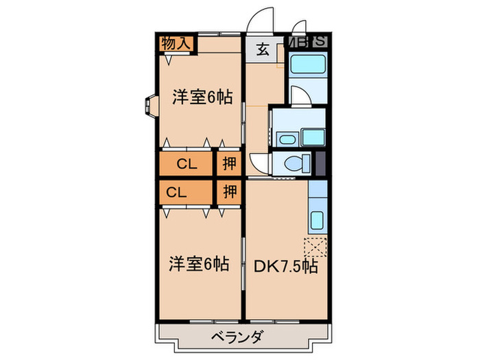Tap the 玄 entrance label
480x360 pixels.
263,49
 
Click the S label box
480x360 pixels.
320,41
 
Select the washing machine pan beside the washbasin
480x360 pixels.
312,136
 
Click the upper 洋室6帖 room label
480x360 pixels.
202,97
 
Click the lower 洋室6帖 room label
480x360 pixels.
200,263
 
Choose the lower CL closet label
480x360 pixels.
176,192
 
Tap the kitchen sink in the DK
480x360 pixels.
317,221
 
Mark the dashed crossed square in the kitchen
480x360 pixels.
315,245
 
